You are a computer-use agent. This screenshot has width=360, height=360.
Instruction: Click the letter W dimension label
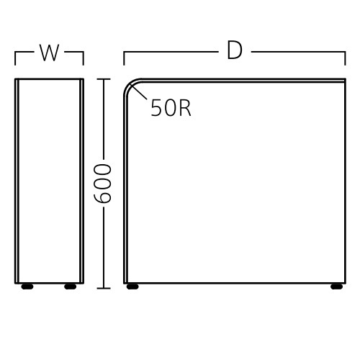click(49, 53)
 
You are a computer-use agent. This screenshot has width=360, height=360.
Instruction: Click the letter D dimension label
click(235, 50)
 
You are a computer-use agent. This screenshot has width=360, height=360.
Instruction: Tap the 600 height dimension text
click(102, 184)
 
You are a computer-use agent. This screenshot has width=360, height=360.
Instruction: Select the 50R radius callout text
click(171, 108)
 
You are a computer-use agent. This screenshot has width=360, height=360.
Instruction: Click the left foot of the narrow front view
click(27, 287)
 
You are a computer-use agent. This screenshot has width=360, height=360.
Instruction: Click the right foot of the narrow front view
click(71, 287)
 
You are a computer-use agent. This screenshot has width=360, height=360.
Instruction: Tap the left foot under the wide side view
click(132, 287)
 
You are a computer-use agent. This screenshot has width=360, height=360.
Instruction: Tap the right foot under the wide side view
click(336, 287)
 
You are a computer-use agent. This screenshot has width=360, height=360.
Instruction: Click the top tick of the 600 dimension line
click(104, 79)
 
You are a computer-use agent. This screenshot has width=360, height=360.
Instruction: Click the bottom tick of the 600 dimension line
click(104, 288)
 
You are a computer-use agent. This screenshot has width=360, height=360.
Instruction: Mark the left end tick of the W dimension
click(15, 58)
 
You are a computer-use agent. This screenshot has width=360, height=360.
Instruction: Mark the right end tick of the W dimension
click(84, 58)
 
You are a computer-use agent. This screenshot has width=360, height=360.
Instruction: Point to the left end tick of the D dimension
click(124, 58)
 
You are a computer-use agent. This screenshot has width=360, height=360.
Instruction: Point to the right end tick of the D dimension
click(345, 58)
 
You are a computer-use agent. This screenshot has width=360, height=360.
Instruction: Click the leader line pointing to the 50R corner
click(139, 91)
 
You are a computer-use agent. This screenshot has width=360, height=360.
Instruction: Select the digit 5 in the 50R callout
click(156, 108)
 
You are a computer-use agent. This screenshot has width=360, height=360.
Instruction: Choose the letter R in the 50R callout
click(185, 108)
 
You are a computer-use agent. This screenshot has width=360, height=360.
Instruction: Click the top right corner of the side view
click(345, 79)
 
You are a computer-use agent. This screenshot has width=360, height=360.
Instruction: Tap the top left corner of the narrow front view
click(15, 79)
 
